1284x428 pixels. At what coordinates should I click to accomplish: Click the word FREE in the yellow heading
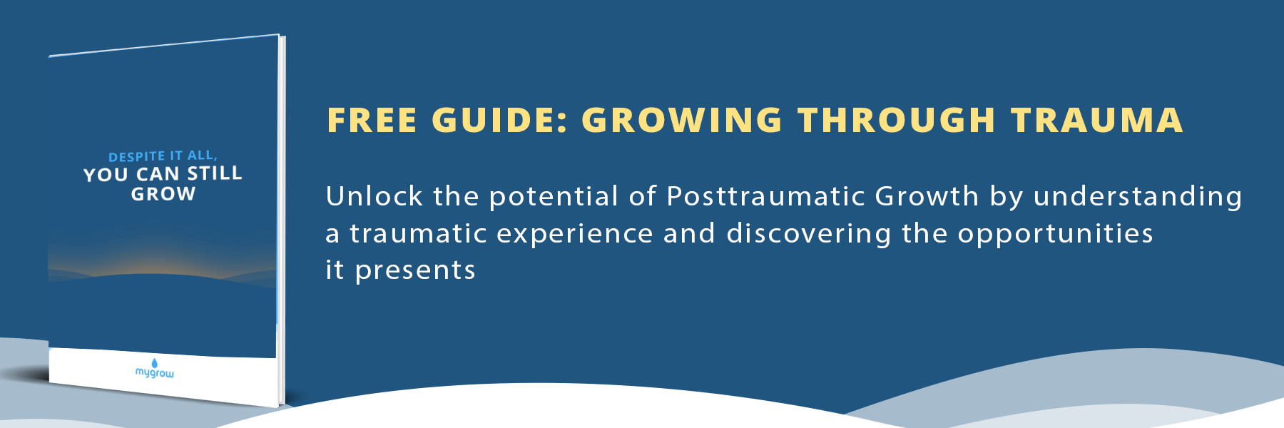(x=372, y=120)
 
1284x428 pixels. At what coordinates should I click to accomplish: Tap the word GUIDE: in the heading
(x=500, y=120)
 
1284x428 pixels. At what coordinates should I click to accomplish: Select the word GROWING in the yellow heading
(x=683, y=120)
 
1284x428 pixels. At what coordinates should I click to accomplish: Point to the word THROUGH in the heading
(x=897, y=120)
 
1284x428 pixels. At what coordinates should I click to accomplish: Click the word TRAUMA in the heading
(x=1097, y=120)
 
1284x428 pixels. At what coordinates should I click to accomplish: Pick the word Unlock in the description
(x=374, y=196)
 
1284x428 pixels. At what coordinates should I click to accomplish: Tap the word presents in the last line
(x=415, y=271)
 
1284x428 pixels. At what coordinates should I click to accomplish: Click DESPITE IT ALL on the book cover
(x=163, y=156)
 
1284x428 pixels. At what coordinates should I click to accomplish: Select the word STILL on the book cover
(x=215, y=173)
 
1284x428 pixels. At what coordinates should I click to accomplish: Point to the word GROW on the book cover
(x=163, y=194)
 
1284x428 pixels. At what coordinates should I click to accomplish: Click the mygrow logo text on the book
(x=155, y=373)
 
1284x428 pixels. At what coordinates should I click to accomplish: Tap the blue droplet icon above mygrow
(x=155, y=363)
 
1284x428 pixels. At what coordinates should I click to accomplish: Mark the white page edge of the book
(x=282, y=221)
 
